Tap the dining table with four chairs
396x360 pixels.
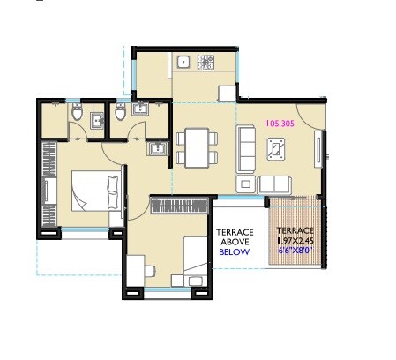[x=194, y=146]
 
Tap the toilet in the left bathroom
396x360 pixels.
[x=77, y=114]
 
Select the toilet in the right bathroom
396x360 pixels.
[x=120, y=114]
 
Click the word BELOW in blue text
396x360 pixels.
[x=235, y=252]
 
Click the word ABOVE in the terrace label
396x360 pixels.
[x=235, y=242]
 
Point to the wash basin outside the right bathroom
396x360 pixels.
[x=157, y=149]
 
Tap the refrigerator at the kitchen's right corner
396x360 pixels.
[x=226, y=93]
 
